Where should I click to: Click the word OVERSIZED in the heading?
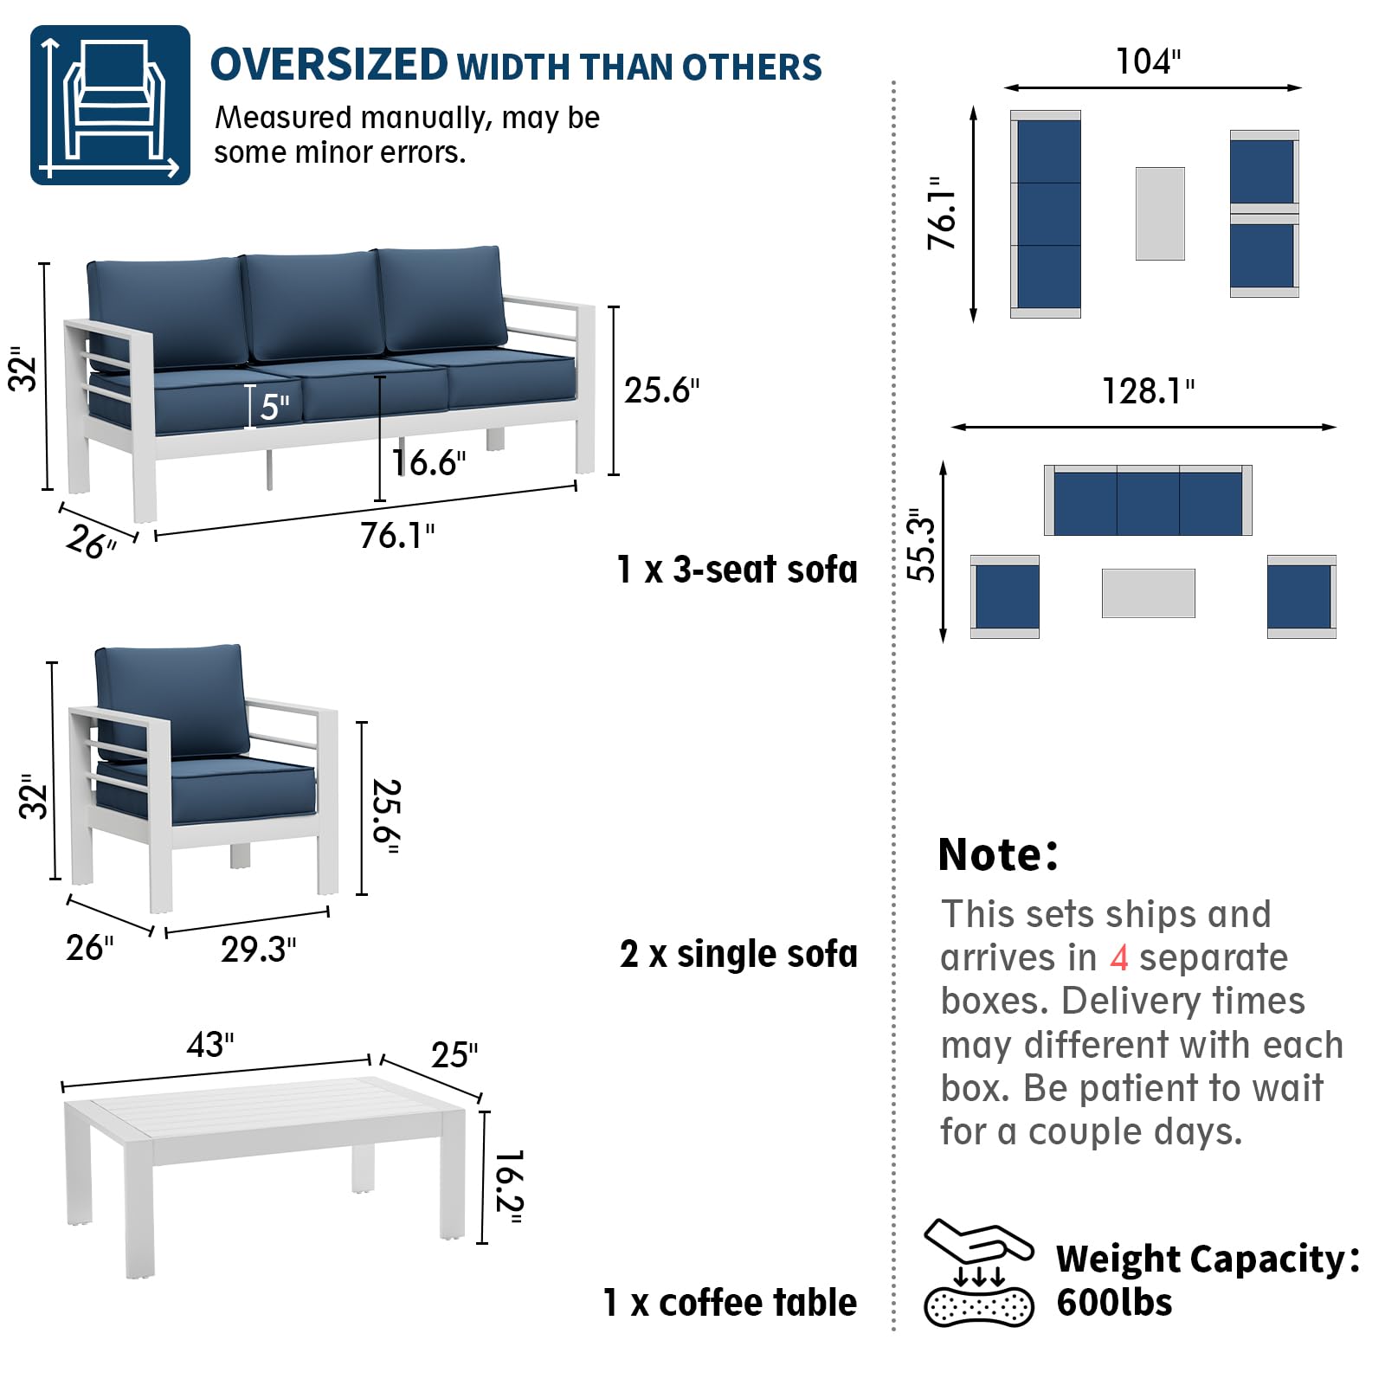(329, 65)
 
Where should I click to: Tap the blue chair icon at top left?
(110, 105)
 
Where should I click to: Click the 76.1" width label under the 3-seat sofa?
(397, 536)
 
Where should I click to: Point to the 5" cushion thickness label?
(274, 407)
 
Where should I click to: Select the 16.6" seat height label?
(428, 463)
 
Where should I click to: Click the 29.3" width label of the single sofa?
(258, 950)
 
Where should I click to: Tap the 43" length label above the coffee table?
(210, 1045)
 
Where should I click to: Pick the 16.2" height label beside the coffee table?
(508, 1187)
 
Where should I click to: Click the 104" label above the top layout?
(1148, 61)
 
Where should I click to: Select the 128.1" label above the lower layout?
(1148, 391)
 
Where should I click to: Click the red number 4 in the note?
(1118, 957)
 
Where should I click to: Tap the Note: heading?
(997, 854)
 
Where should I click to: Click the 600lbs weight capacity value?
(1114, 1303)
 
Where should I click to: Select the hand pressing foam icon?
(979, 1272)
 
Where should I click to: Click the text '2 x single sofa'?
(738, 954)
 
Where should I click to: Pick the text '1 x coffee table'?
(730, 1303)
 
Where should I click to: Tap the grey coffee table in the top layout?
(1160, 214)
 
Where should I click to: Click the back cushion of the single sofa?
(170, 701)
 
